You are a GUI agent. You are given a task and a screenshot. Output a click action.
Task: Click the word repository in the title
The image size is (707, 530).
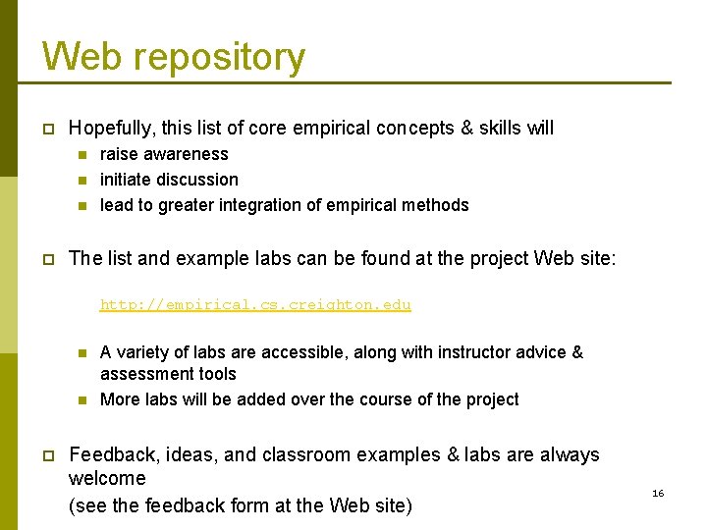[219, 58]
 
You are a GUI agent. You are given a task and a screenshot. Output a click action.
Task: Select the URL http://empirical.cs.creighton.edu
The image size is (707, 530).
[255, 304]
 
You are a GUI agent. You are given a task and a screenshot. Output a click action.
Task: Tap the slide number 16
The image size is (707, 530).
[658, 493]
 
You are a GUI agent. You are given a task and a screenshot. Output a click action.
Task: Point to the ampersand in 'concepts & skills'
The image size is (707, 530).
[466, 129]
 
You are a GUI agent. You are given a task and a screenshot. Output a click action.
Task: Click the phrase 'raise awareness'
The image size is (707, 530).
[164, 154]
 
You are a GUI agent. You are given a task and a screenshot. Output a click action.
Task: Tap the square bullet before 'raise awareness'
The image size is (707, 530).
[82, 154]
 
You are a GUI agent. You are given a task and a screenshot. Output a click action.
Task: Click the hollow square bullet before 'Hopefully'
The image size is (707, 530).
[46, 129]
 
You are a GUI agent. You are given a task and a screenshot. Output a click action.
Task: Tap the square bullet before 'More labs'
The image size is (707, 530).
[82, 399]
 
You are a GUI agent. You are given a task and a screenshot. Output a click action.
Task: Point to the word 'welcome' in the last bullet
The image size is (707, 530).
[107, 479]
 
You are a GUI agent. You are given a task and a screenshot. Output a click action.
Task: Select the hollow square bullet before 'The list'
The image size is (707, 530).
[46, 259]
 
